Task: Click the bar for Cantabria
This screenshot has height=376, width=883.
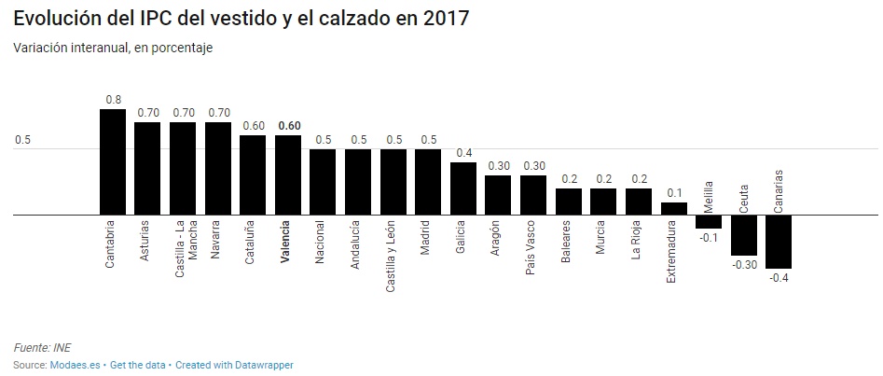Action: [x=113, y=162]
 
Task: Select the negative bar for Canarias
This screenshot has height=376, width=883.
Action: [x=779, y=241]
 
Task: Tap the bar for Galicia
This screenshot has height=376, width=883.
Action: [x=463, y=188]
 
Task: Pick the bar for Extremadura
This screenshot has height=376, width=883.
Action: [x=673, y=208]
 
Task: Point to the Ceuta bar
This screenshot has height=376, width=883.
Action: [x=743, y=234]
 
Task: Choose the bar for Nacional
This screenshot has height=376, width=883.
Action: [x=323, y=182]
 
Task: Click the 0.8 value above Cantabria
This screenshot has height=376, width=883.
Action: [x=113, y=99]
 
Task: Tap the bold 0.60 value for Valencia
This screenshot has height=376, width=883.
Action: [x=288, y=126]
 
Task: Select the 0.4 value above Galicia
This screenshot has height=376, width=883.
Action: [x=463, y=152]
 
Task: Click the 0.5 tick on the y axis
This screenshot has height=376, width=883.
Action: [x=22, y=141]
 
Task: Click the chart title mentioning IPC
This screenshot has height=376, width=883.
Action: [x=241, y=19]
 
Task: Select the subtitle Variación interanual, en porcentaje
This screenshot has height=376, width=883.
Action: [x=114, y=48]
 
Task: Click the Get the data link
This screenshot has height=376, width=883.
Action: [x=136, y=365]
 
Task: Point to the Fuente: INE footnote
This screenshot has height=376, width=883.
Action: [x=42, y=348]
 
